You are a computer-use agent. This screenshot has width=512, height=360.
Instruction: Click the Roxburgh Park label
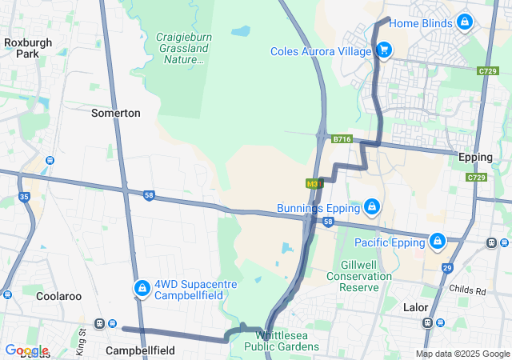coord(21,48)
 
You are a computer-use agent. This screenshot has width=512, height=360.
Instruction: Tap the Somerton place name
coord(116,113)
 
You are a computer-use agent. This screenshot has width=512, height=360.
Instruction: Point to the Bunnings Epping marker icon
coord(371,208)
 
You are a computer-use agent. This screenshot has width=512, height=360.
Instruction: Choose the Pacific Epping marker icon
coord(438,241)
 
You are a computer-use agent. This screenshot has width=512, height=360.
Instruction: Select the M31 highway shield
coord(314,184)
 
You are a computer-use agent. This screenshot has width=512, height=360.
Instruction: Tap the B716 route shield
coord(342,139)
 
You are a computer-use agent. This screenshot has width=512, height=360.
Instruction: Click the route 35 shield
coord(24,197)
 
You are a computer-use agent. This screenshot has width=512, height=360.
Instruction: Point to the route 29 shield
coord(446,268)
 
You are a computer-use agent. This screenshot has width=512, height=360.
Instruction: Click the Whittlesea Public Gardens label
coord(287,341)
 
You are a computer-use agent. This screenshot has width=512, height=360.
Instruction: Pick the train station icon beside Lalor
coord(428,322)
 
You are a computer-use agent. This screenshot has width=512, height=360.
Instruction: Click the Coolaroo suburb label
coord(58,296)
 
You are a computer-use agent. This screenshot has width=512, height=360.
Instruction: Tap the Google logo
coord(26,350)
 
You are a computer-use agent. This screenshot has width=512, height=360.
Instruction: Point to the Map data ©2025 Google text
coord(462,354)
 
